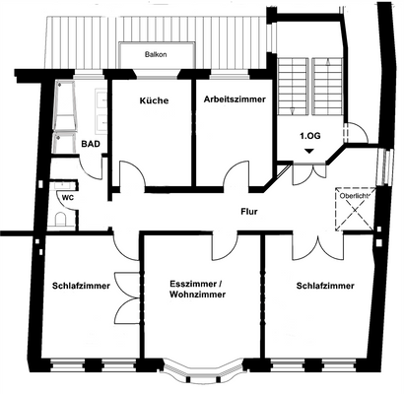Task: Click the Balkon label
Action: [155, 55]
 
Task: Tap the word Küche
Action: [153, 101]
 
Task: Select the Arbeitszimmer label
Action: [235, 99]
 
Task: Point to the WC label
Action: [66, 197]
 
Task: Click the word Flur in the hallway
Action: [248, 211]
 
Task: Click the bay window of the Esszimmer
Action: [201, 371]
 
